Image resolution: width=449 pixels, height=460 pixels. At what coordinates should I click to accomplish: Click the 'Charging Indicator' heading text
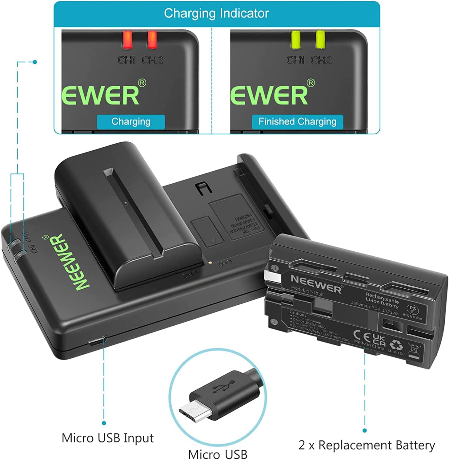click(x=216, y=14)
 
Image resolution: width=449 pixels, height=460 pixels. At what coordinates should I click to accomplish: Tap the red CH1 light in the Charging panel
click(x=127, y=40)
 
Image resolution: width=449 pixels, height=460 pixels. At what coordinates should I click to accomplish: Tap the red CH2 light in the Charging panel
click(x=152, y=40)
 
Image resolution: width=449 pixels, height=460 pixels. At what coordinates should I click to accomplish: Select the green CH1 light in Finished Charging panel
click(x=295, y=40)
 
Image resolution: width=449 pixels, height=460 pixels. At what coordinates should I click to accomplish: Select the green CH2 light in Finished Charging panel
click(x=320, y=40)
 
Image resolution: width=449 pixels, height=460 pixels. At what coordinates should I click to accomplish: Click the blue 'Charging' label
click(x=131, y=122)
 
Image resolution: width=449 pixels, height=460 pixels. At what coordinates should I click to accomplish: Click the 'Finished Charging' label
click(x=297, y=122)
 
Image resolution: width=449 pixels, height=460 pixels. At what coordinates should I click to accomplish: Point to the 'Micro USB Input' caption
click(x=107, y=438)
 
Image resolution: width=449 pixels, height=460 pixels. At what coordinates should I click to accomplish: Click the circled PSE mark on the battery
click(x=412, y=310)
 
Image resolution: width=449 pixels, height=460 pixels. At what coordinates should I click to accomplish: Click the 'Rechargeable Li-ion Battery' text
click(x=382, y=300)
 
